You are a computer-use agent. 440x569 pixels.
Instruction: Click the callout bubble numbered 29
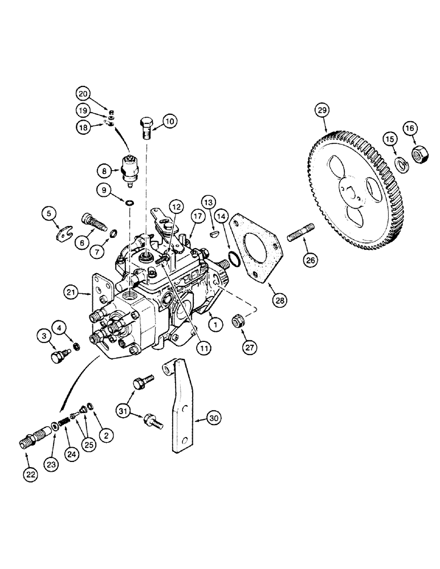[323, 111]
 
